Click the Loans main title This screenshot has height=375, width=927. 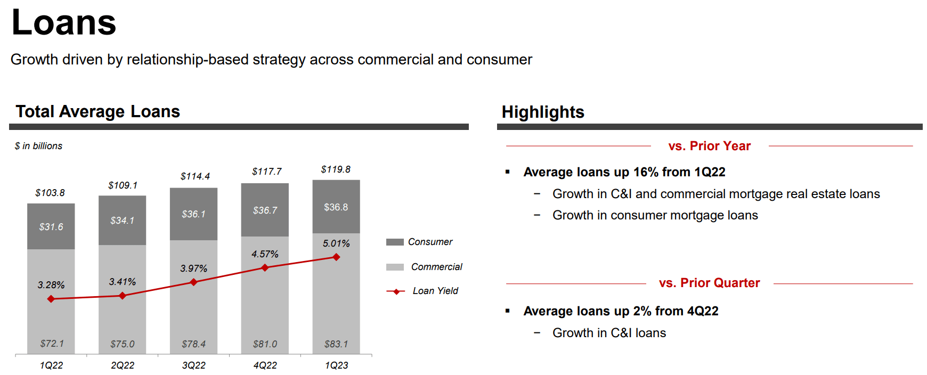pos(63,22)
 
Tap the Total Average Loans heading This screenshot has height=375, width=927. pos(97,111)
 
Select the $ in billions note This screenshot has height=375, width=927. pos(38,146)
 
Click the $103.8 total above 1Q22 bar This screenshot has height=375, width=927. pos(50,193)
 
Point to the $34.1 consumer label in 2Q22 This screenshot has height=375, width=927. pos(122,221)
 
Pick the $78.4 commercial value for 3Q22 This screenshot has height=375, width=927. pos(193,344)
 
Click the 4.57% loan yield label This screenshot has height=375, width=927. pos(265,254)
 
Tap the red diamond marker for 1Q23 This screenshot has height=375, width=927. pos(336,257)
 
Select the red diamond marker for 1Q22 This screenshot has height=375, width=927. pos(51,299)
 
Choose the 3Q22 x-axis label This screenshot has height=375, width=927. pos(193,365)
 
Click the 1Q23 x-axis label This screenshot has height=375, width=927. pos(336,365)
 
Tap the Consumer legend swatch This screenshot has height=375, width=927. pos(395,242)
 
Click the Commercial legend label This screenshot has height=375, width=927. pos(436,267)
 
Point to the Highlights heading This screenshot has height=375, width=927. pos(543,112)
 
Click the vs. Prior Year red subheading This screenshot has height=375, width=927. pos(709,146)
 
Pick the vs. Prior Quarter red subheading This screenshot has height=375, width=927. pos(709,283)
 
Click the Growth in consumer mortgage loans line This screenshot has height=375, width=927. pos(655,215)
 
